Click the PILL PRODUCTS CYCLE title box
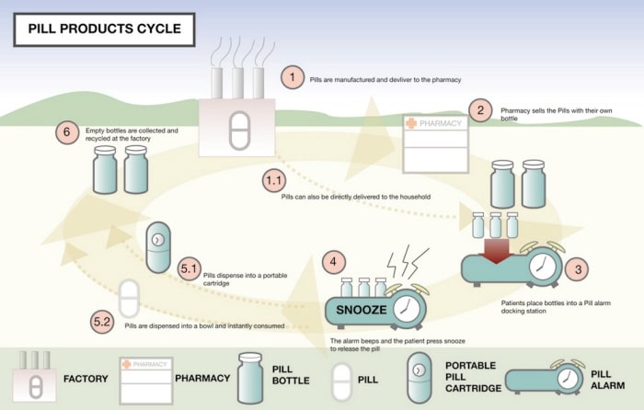pyautogui.click(x=103, y=28)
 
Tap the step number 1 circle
pyautogui.click(x=292, y=77)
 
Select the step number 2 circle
pyautogui.click(x=479, y=109)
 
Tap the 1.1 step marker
pyautogui.click(x=274, y=181)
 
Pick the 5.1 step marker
pyautogui.click(x=190, y=268)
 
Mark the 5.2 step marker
pyautogui.click(x=103, y=322)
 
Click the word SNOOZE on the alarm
pyautogui.click(x=361, y=310)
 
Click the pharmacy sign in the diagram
pyautogui.click(x=437, y=123)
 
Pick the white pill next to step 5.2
pyautogui.click(x=130, y=299)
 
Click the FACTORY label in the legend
pyautogui.click(x=86, y=378)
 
